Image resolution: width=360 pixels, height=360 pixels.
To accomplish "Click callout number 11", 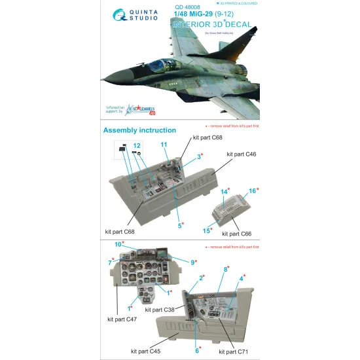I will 164,144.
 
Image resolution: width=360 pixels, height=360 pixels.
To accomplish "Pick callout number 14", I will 225,192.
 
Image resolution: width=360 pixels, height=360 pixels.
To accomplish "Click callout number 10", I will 118,244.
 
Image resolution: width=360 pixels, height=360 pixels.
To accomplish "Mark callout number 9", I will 194,261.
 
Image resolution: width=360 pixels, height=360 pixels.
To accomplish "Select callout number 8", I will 226,269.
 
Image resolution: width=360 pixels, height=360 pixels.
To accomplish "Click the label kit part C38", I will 160,308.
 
